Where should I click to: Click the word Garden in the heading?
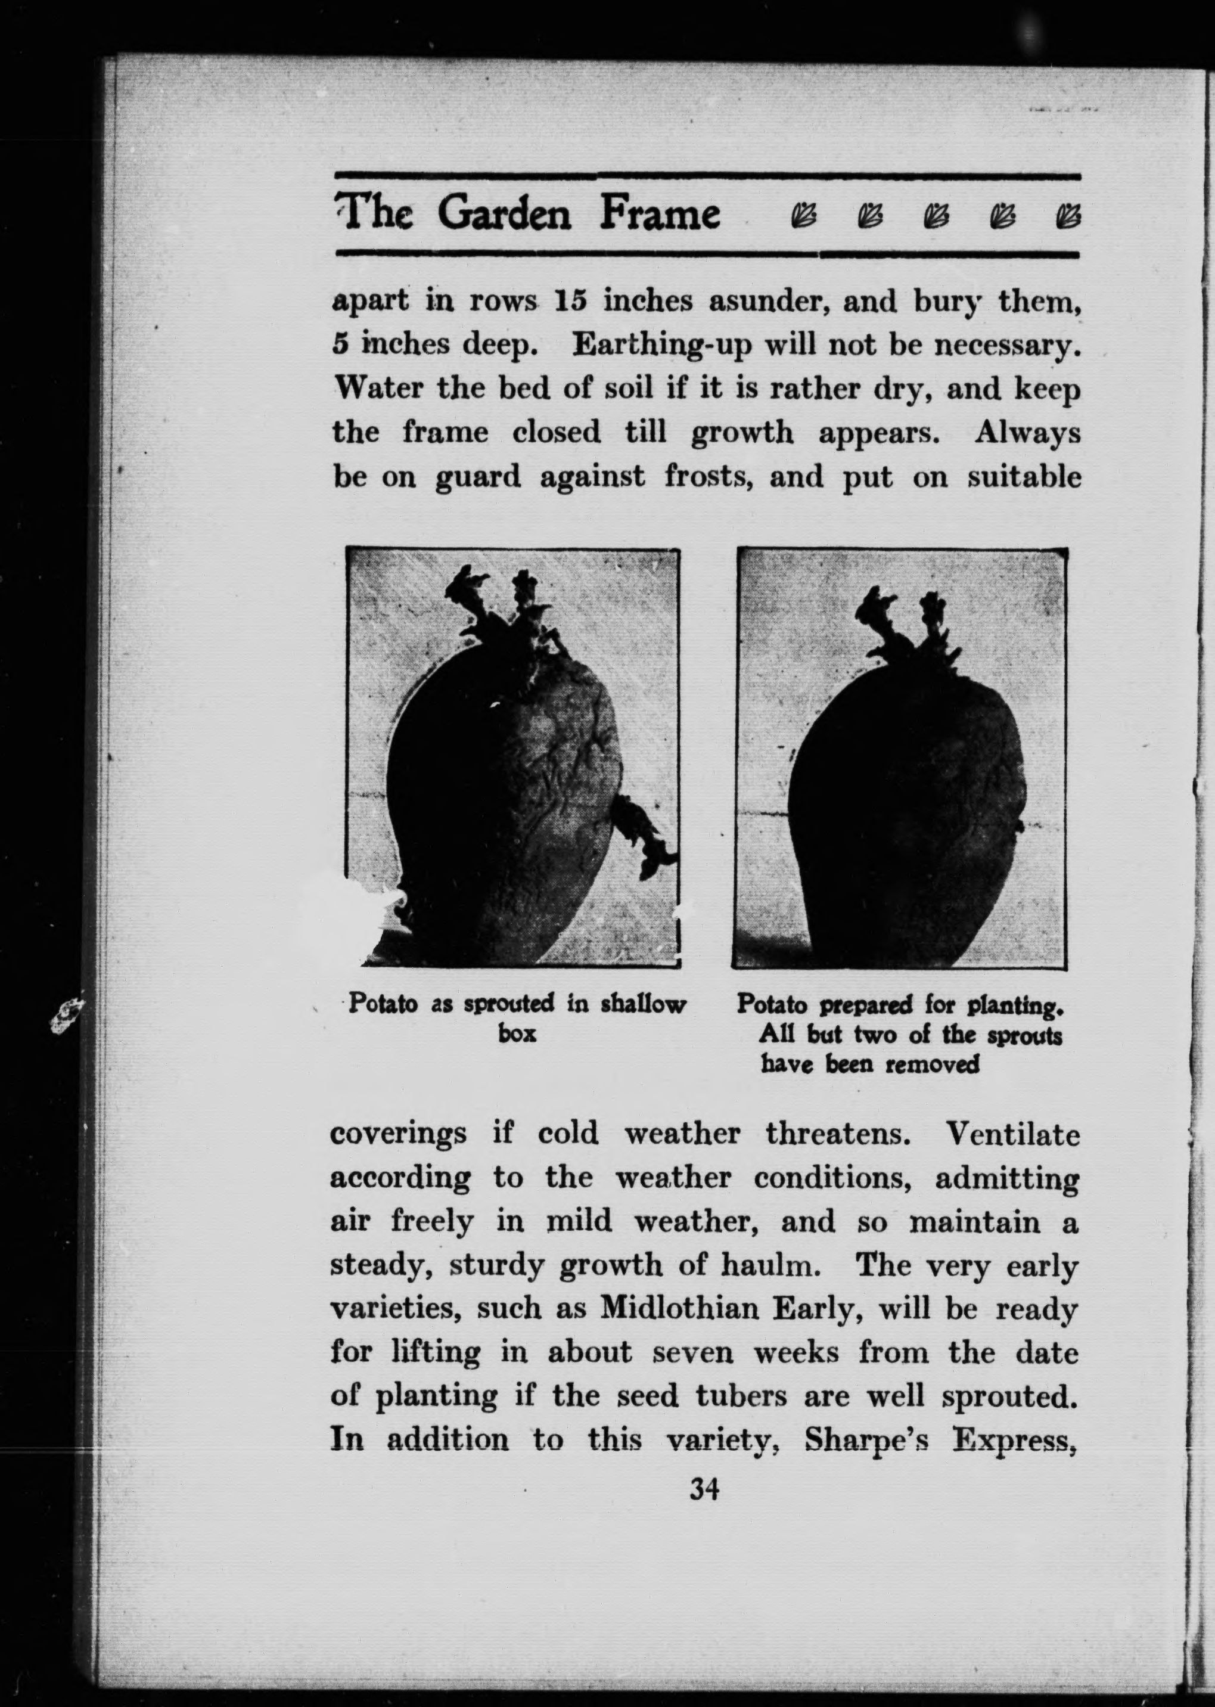pos(504,215)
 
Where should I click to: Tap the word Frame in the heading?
pos(659,215)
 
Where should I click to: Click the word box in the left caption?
pos(517,1033)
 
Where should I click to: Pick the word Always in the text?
pos(1027,433)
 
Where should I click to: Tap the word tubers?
pos(741,1396)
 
